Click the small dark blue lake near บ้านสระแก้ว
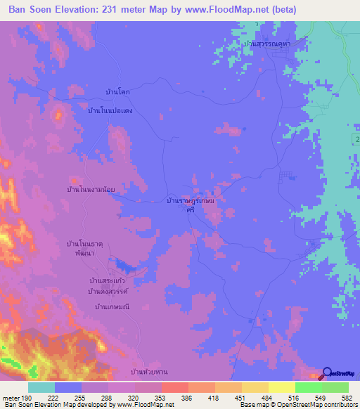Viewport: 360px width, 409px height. [128, 266]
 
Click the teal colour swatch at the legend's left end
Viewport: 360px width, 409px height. [41, 387]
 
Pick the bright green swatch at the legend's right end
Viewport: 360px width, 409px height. [335, 387]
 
